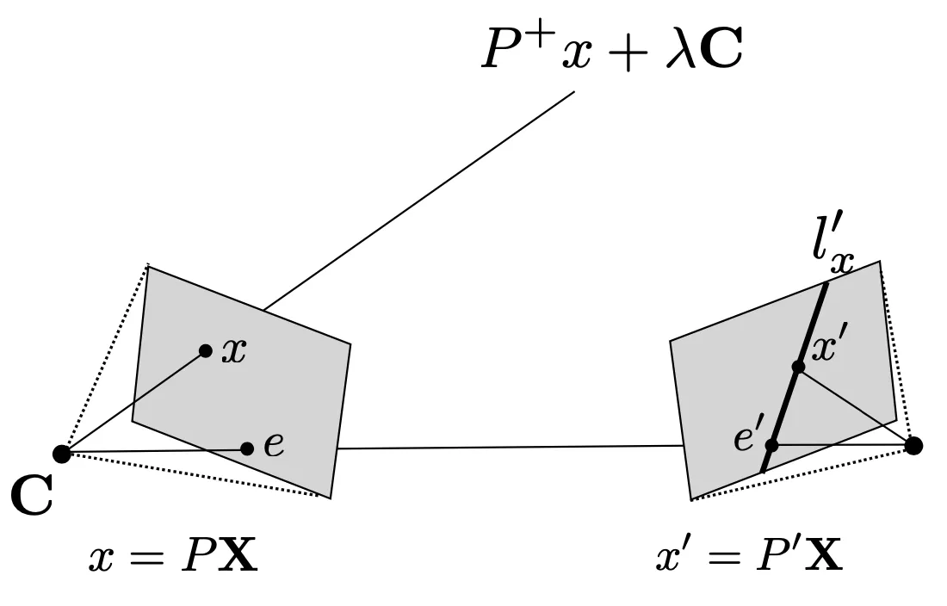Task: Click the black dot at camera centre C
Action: coord(61,453)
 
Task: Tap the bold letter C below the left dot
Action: coord(31,498)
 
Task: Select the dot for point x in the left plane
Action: coord(205,350)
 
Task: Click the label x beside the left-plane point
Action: coord(233,351)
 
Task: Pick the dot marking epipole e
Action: coord(247,448)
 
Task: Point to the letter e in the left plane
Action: coord(274,445)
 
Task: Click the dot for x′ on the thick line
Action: coord(798,367)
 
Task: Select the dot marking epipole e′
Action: coord(771,445)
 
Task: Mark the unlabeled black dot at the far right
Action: coord(913,445)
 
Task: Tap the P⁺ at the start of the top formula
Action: coord(508,50)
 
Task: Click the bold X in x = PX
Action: coord(236,558)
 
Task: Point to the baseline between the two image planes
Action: coord(508,447)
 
